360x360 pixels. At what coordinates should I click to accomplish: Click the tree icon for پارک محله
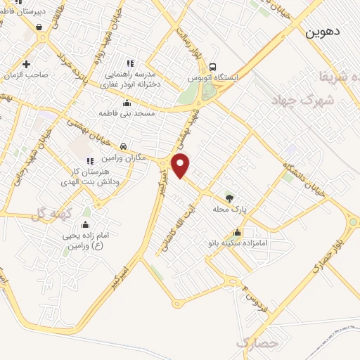pyautogui.click(x=228, y=198)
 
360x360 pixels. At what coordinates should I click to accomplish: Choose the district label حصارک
pyautogui.click(x=254, y=344)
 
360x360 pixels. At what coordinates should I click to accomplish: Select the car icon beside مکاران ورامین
pyautogui.click(x=124, y=147)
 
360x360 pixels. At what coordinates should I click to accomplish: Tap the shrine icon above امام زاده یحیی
pyautogui.click(x=85, y=225)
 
